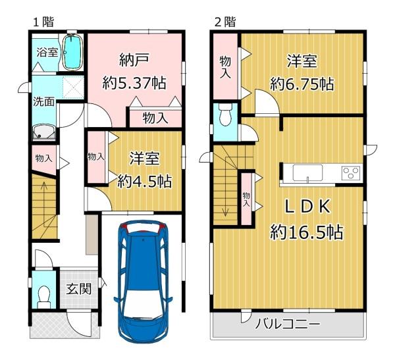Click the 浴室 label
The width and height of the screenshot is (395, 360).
(x=47, y=52)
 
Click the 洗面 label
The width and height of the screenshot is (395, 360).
(x=43, y=103)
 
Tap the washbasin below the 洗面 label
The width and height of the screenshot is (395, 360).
(x=44, y=132)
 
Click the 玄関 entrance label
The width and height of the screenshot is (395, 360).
(x=78, y=288)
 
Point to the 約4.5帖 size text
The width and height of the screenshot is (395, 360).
(x=145, y=180)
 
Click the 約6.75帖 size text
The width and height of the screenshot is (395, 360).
(x=302, y=84)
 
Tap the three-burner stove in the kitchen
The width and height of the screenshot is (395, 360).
(x=351, y=173)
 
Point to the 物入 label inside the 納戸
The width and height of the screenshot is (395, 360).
(x=154, y=118)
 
